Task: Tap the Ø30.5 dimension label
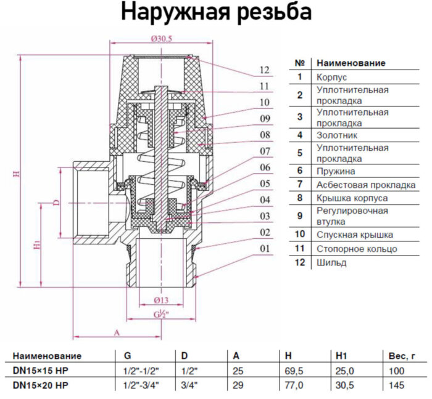[162, 39]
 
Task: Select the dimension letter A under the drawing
[116, 332]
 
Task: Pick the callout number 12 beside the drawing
[265, 70]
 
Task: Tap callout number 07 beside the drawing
[265, 150]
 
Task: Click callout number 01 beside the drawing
[265, 249]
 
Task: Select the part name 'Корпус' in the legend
[331, 78]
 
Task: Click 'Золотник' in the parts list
[336, 134]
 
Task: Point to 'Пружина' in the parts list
[336, 171]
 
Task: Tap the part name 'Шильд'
[331, 263]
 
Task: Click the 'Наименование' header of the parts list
[351, 63]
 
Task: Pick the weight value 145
[396, 385]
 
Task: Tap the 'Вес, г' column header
[403, 356]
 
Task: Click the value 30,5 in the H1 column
[344, 385]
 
